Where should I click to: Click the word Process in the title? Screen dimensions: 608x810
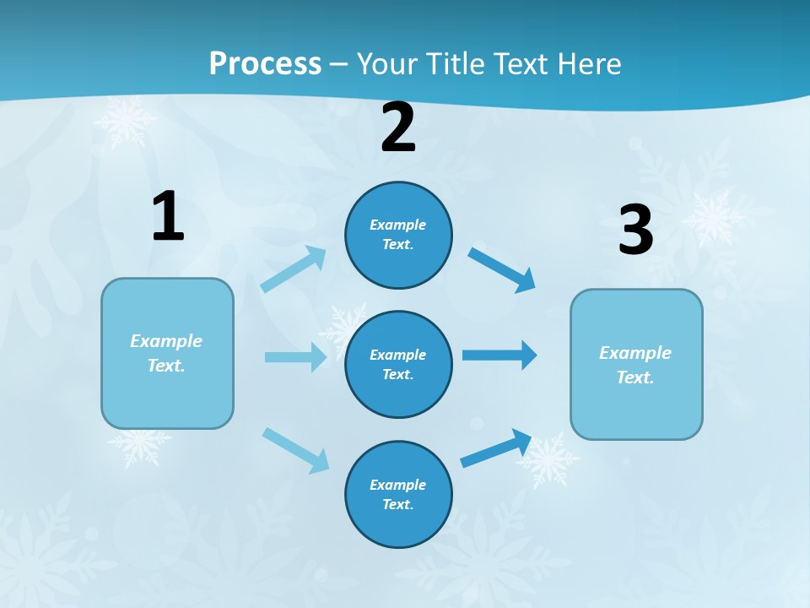coord(265,63)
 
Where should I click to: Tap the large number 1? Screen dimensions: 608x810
coord(168,216)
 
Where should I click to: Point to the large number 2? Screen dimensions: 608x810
coord(398,128)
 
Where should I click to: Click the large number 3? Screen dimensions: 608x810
coord(635,230)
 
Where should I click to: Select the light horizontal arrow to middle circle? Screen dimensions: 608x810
coord(295,357)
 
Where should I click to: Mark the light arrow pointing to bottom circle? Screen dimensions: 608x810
coord(295,450)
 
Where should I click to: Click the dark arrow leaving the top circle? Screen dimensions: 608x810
coord(501,269)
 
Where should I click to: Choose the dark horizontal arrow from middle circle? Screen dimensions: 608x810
coord(499,355)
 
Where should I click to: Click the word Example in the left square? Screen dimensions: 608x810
coord(166,341)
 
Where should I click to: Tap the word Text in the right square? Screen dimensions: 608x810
coord(634,377)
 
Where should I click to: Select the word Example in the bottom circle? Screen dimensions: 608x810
coord(397,485)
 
